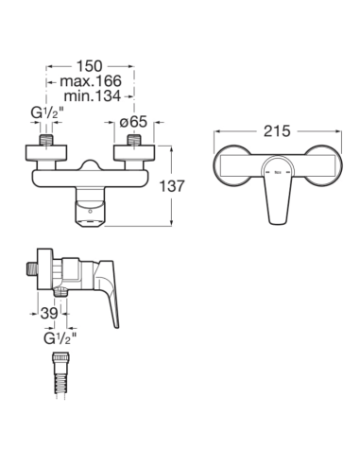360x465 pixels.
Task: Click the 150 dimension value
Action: click(x=90, y=66)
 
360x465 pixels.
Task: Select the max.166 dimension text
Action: click(x=91, y=81)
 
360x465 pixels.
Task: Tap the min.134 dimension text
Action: click(x=92, y=95)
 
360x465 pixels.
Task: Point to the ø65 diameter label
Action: click(x=133, y=121)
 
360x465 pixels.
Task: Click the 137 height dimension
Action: click(x=172, y=186)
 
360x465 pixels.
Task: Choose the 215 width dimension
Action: click(x=277, y=131)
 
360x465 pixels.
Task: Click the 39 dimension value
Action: click(x=49, y=313)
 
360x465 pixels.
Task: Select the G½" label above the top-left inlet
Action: click(x=47, y=112)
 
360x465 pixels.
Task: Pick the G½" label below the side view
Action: click(x=60, y=338)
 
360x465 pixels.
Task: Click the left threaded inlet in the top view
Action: click(x=46, y=140)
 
